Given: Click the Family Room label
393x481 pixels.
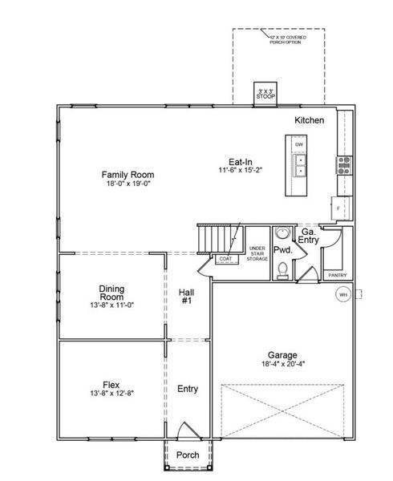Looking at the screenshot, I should [127, 174].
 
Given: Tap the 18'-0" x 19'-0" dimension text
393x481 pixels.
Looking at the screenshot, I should [127, 184].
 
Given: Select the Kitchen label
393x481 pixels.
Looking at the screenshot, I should [309, 120].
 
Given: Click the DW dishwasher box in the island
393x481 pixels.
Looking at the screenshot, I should [299, 145].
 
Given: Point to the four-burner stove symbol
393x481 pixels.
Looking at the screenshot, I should [344, 166].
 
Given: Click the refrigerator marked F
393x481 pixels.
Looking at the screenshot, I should [338, 207].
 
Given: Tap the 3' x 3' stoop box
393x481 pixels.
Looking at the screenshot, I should [265, 91].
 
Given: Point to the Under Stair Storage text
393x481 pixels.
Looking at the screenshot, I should [257, 253].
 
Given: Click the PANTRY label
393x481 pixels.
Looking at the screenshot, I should [335, 275].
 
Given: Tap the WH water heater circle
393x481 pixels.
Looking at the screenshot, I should [342, 294].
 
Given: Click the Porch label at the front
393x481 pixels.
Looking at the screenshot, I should [187, 455].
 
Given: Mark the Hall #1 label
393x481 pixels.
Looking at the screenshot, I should [186, 297].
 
